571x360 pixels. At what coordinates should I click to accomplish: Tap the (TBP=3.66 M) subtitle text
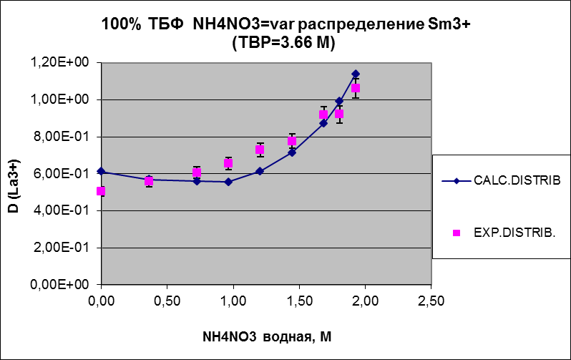coord(285,42)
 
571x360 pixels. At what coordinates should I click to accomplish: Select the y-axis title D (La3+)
coord(14,172)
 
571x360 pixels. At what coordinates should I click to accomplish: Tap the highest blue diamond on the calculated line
coord(355,74)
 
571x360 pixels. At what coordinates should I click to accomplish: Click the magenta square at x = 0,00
coord(101,191)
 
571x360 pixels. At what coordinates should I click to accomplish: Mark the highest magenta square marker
coord(355,88)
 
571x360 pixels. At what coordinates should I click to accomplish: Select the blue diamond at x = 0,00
coord(101,171)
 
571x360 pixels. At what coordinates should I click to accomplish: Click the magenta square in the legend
coord(458,233)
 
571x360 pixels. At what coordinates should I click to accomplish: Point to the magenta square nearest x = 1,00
coord(228,163)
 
